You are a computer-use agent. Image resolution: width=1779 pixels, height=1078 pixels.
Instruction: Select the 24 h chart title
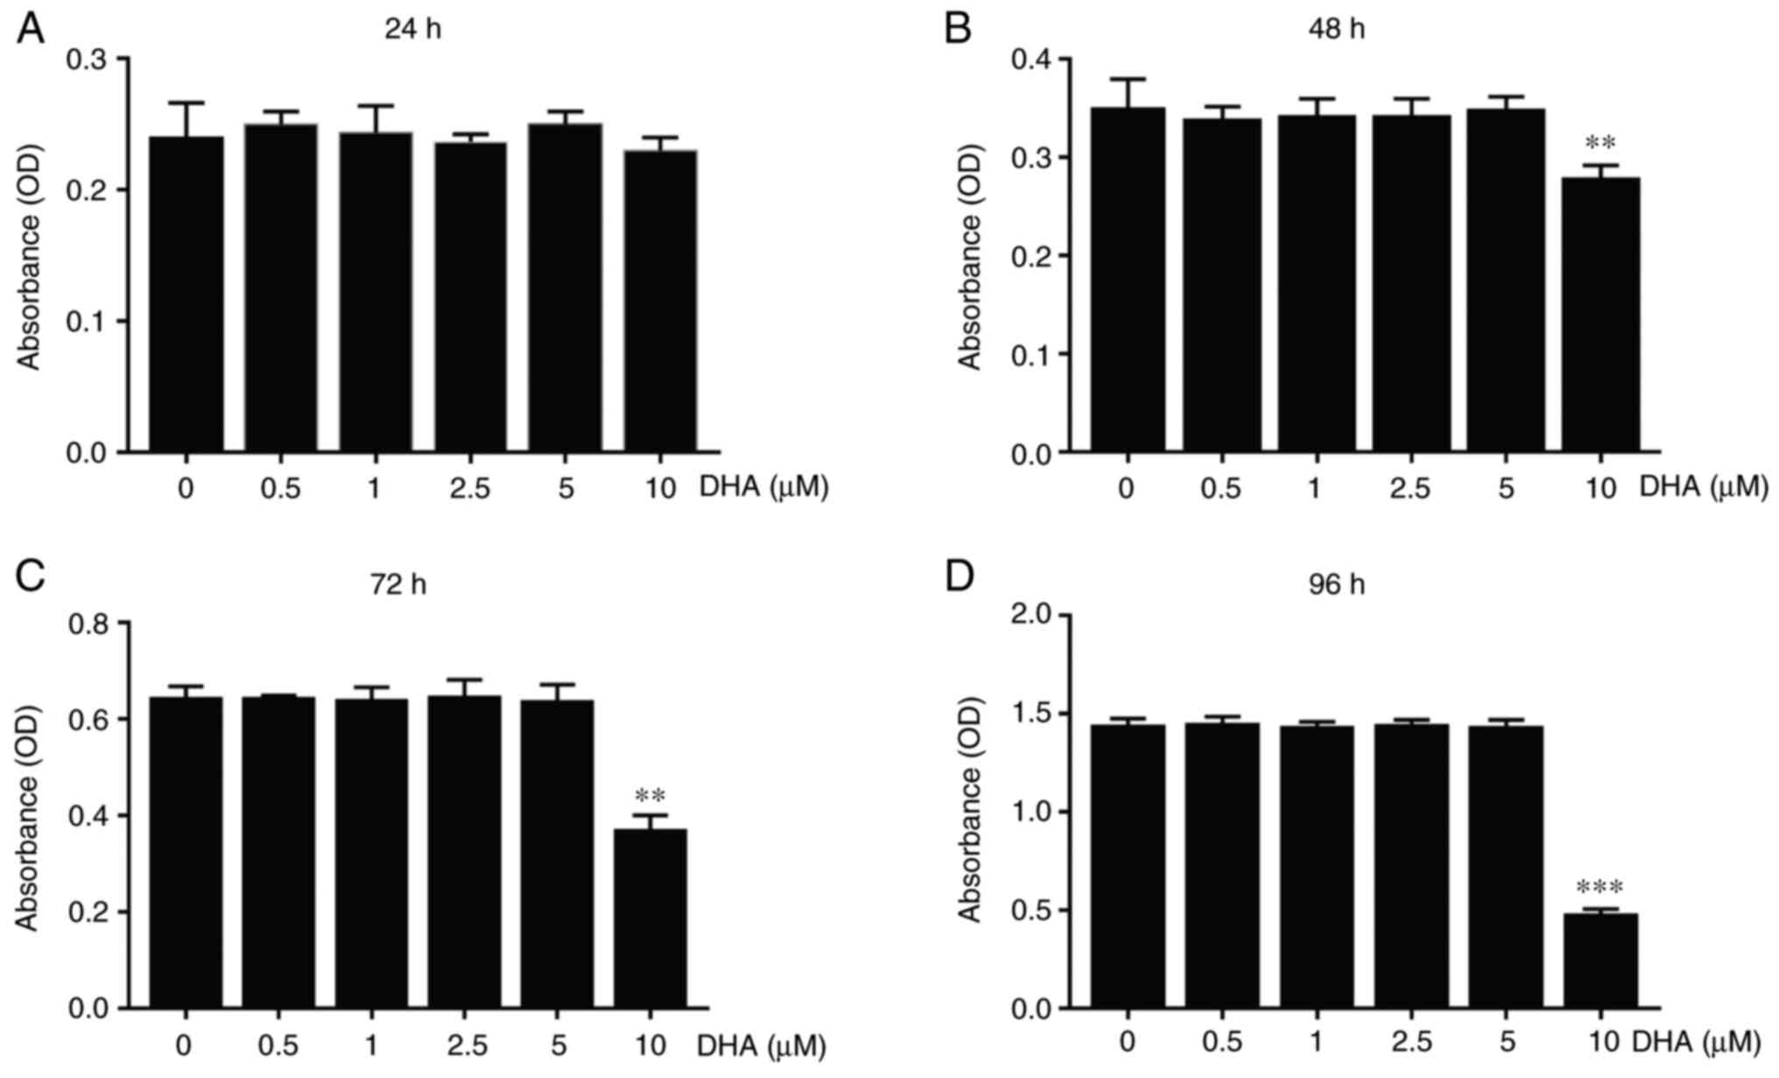coord(412,29)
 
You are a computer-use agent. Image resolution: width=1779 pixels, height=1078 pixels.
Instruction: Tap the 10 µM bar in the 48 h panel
coord(1600,315)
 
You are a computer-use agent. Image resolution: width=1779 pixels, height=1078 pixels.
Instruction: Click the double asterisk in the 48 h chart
coord(1600,143)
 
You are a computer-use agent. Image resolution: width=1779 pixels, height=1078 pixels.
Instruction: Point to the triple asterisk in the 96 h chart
coord(1600,888)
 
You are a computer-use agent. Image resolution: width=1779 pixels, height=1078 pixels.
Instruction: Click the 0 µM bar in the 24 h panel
coord(186,294)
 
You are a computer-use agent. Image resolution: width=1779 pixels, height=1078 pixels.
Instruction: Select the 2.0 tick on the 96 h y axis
coord(1030,616)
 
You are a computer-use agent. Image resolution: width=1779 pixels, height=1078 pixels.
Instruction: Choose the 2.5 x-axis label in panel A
coord(470,488)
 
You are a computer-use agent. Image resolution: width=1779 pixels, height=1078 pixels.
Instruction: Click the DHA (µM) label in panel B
coord(1703,487)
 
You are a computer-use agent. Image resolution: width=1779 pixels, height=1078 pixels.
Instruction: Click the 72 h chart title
coord(397,584)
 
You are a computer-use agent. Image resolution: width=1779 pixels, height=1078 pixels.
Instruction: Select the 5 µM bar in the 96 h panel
coord(1506,867)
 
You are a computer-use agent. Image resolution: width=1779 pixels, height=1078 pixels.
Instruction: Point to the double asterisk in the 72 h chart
coord(650,796)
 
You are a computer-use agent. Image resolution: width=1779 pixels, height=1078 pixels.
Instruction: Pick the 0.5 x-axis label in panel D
coord(1221,1042)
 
